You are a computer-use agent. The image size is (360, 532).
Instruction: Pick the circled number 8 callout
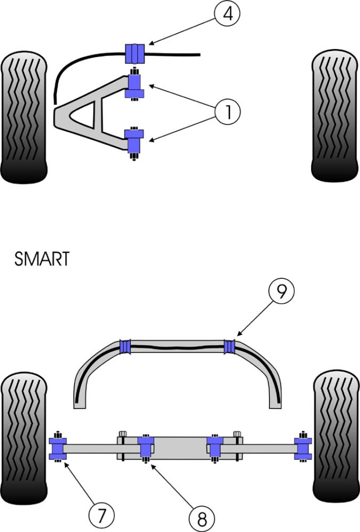tap(201, 519)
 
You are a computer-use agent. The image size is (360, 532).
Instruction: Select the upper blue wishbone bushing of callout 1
tap(135, 86)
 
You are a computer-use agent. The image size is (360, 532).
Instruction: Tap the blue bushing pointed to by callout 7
tap(58, 448)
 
